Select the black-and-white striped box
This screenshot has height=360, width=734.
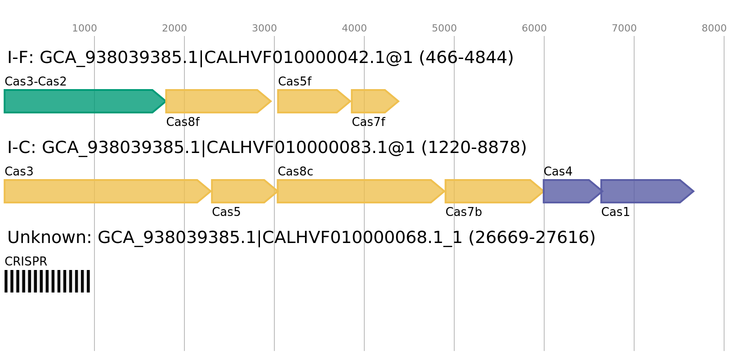(x=47, y=281)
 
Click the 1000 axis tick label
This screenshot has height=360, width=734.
(x=85, y=28)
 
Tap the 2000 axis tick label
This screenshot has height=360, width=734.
(x=175, y=28)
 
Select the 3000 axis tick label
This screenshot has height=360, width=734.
(x=264, y=28)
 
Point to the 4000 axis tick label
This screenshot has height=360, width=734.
(x=354, y=28)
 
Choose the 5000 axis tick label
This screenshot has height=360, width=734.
(x=444, y=28)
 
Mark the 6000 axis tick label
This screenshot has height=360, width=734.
(x=534, y=28)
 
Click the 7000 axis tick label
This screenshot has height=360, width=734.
(x=624, y=28)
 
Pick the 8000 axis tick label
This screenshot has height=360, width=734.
(x=714, y=28)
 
